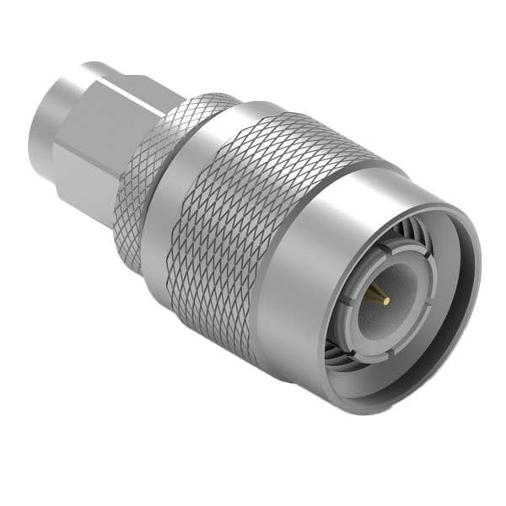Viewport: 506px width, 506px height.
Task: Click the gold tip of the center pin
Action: tap(385, 299)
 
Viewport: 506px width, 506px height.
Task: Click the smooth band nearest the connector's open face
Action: tap(304, 278)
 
